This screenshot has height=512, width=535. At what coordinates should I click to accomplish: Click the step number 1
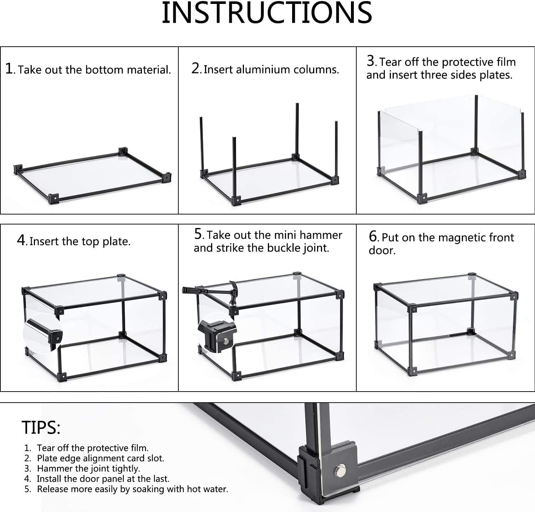click(9, 68)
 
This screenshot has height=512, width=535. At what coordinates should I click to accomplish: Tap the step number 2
click(196, 68)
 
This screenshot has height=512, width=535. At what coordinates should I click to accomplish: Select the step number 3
click(371, 61)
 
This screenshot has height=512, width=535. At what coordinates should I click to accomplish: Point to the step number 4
click(21, 241)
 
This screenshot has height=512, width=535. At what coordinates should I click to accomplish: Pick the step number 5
click(199, 234)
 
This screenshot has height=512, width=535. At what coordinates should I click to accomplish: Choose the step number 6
click(373, 236)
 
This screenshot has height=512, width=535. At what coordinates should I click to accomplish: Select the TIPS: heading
click(41, 427)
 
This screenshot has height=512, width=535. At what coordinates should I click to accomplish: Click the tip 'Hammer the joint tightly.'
click(88, 469)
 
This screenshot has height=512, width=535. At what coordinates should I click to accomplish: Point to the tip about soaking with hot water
click(132, 489)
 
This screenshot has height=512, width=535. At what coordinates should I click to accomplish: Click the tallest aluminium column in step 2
click(297, 130)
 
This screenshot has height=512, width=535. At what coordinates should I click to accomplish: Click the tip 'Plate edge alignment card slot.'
click(101, 458)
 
